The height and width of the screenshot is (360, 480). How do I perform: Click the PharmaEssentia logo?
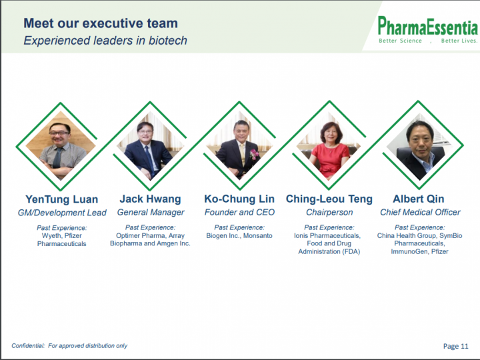click(427, 30)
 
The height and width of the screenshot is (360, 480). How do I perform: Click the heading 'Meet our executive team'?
click(101, 23)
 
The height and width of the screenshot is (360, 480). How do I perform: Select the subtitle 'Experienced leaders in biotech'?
click(105, 41)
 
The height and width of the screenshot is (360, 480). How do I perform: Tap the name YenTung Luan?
click(62, 199)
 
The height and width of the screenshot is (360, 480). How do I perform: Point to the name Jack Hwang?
click(150, 199)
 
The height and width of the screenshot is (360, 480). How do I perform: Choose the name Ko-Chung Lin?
click(239, 199)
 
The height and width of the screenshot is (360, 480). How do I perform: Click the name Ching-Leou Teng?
click(329, 199)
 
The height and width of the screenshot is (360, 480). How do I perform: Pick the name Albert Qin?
click(419, 199)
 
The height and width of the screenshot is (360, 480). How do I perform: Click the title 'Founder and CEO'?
click(239, 212)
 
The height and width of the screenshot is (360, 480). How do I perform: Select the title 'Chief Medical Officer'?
click(420, 212)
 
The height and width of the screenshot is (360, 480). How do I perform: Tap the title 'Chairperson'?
click(329, 213)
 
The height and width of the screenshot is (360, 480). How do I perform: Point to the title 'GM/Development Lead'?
click(62, 213)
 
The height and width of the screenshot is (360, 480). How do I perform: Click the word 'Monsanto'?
click(258, 236)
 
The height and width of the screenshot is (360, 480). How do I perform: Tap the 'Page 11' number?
click(456, 346)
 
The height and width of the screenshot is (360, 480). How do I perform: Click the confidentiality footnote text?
click(69, 346)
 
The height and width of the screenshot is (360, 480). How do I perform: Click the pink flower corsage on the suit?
click(254, 154)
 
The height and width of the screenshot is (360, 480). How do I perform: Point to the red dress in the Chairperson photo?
click(330, 160)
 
